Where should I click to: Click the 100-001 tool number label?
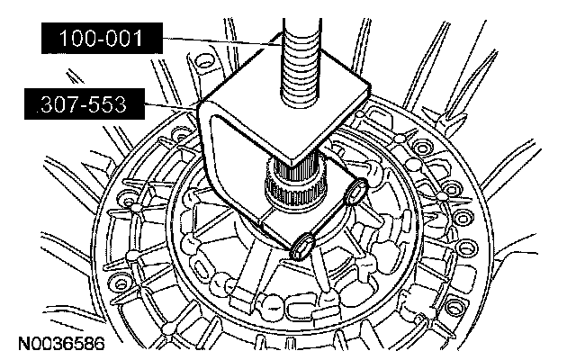(102, 38)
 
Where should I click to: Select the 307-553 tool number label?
(85, 104)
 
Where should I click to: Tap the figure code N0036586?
(61, 344)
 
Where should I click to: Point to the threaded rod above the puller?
(301, 62)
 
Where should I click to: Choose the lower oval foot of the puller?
(303, 247)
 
